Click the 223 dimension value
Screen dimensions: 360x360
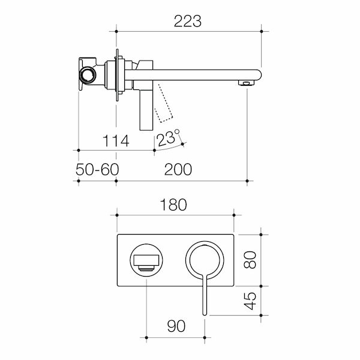point(188,21)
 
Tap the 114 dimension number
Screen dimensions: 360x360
point(116,141)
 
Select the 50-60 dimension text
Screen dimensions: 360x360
point(97,169)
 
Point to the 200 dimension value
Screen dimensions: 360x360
point(178,169)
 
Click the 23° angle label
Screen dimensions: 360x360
point(167,138)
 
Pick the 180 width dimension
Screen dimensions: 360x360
point(173,205)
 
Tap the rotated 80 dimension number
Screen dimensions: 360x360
point(250,260)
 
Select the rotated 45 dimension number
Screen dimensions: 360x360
point(250,301)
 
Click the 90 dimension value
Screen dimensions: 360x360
point(176,326)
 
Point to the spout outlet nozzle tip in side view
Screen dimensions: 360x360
point(247,83)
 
